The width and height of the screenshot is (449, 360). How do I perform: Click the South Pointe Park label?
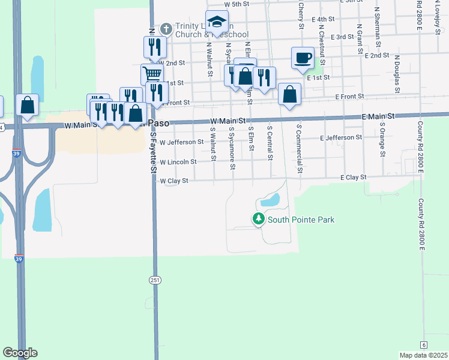coord(301,220)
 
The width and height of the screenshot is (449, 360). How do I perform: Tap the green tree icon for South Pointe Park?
coord(259,220)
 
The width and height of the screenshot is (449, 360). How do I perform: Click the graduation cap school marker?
coord(216,23)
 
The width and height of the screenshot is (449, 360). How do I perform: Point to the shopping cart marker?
coord(152,74)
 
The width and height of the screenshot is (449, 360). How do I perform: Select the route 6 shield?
coord(424,344)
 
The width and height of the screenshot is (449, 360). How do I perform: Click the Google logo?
coord(20,353)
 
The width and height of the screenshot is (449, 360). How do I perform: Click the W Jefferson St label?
coord(182,142)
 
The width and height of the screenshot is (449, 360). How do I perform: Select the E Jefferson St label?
coord(341,137)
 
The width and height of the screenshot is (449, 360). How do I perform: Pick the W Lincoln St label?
coord(178,162)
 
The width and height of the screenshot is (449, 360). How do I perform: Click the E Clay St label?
coord(353,178)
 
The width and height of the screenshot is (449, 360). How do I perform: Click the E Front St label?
coord(350,97)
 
